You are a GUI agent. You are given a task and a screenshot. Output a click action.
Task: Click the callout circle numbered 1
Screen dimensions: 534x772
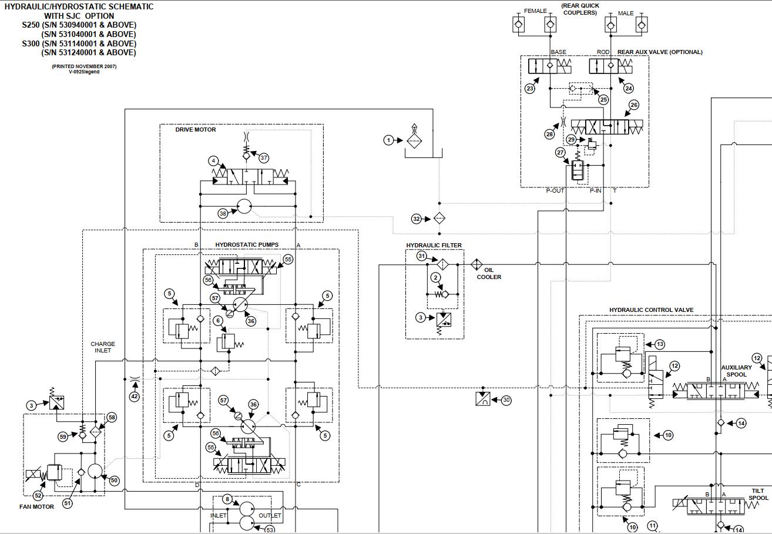coord(388,140)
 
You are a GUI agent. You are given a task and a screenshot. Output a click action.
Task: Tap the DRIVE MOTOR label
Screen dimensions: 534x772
coord(196,130)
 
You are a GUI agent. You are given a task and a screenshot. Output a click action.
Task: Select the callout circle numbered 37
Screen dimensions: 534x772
coord(264,157)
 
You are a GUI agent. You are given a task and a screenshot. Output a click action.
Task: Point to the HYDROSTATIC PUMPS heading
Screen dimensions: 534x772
coord(247,244)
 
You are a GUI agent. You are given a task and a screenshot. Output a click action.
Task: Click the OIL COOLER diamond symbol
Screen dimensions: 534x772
coord(476,265)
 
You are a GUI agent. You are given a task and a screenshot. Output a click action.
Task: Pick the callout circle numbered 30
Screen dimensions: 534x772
coord(506,400)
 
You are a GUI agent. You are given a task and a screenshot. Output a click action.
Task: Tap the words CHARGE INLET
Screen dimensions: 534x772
coord(103,347)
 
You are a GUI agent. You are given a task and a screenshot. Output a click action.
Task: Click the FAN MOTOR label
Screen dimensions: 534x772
coord(36,506)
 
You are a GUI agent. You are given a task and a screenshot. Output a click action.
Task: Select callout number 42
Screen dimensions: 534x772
coord(135,397)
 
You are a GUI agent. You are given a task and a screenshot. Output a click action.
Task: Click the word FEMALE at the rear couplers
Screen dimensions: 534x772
coord(535,11)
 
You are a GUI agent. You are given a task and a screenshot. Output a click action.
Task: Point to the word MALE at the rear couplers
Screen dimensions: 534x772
coord(626,13)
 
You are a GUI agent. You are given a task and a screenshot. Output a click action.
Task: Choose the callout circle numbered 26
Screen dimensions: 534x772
coord(633,105)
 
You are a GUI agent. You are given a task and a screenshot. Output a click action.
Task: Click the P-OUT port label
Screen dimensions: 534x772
coord(555,190)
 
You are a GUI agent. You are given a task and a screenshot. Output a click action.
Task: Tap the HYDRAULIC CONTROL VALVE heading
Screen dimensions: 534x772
coord(651,310)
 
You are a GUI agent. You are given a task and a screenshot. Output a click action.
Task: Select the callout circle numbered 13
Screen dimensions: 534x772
coord(659,344)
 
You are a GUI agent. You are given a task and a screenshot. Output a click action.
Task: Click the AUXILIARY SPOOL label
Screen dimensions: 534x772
coord(736,371)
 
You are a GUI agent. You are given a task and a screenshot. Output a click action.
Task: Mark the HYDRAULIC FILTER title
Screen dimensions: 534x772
coord(434,246)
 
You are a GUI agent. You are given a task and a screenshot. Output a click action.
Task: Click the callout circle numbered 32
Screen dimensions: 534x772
coord(417,219)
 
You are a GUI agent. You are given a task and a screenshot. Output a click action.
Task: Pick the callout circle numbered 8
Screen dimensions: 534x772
coord(227,499)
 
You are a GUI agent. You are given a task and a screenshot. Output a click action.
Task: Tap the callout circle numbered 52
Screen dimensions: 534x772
coord(38,495)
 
